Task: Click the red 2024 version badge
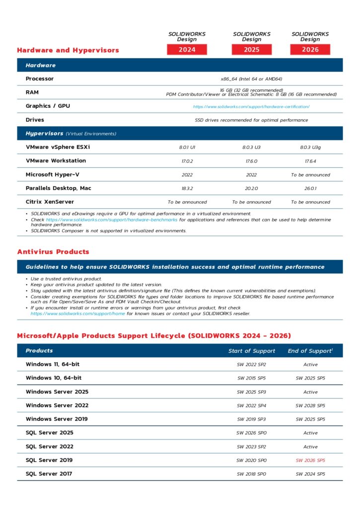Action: (187, 50)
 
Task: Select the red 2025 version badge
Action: (252, 50)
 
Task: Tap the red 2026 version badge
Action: (310, 50)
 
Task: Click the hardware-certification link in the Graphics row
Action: (251, 107)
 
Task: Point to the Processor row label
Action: (40, 79)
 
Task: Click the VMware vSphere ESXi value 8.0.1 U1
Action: (187, 147)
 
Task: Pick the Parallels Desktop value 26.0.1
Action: (310, 189)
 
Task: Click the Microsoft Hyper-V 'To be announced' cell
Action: (310, 175)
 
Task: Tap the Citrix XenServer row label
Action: (50, 202)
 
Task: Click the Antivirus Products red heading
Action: (53, 252)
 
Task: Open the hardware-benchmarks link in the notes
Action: (111, 220)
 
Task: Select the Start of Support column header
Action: (251, 351)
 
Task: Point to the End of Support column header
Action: (310, 351)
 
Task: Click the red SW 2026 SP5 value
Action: (310, 460)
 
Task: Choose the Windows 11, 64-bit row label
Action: (53, 365)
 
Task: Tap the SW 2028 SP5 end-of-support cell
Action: (310, 406)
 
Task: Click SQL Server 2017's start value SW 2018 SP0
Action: (251, 474)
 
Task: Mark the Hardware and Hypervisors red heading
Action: (68, 50)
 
